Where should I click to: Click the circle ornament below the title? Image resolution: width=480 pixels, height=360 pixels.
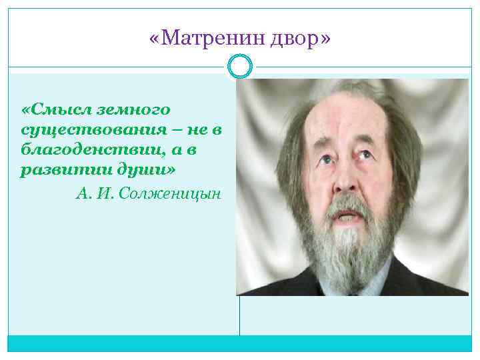coord(240,67)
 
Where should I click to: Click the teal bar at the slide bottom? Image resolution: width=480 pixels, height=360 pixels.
coord(240,343)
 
